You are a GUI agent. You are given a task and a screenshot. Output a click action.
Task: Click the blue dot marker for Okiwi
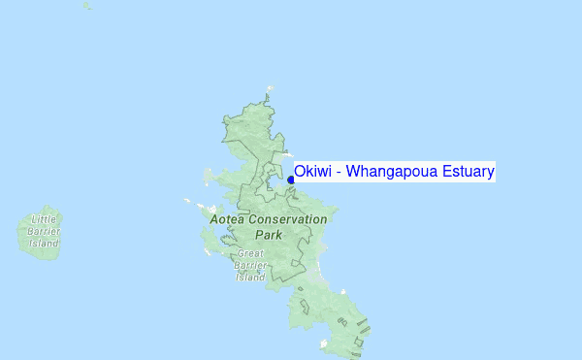pyautogui.click(x=291, y=180)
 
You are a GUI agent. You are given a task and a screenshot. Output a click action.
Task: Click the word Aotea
pyautogui.click(x=229, y=219)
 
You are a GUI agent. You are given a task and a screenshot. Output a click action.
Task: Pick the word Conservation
pyautogui.click(x=289, y=219)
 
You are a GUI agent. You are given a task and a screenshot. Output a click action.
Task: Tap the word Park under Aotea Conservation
pyautogui.click(x=269, y=235)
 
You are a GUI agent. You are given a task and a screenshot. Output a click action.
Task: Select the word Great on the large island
pyautogui.click(x=250, y=253)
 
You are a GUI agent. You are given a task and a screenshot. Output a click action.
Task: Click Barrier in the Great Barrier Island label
pyautogui.click(x=250, y=265)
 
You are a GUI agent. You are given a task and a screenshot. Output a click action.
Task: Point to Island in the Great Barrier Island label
pyautogui.click(x=250, y=277)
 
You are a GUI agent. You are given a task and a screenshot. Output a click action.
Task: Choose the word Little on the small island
pyautogui.click(x=45, y=220)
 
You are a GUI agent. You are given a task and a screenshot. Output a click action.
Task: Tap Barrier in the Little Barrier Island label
pyautogui.click(x=45, y=232)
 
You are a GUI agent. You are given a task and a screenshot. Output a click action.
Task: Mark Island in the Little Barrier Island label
pyautogui.click(x=45, y=244)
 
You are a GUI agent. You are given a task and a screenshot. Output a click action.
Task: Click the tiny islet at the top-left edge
pyautogui.click(x=86, y=6)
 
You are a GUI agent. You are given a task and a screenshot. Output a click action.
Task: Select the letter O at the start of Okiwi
pyautogui.click(x=301, y=172)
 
